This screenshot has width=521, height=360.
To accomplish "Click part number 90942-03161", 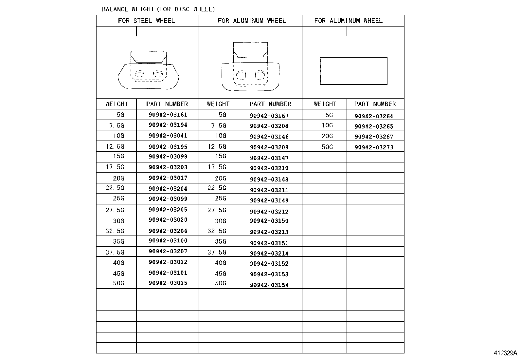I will (x=168, y=115).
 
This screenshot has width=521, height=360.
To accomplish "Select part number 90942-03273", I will (x=374, y=147).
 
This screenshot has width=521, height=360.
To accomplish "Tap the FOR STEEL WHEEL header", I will (x=146, y=21).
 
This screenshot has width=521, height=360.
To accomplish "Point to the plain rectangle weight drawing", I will (x=353, y=71).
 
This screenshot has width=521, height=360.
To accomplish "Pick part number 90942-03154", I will (x=269, y=285).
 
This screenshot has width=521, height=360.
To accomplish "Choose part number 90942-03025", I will (x=168, y=283).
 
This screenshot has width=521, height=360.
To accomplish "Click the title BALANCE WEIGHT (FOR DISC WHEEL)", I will (x=158, y=9).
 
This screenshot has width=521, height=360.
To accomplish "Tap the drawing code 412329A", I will (x=505, y=353).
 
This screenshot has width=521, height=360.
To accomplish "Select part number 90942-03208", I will (x=269, y=126).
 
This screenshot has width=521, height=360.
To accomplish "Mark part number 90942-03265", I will (x=374, y=126).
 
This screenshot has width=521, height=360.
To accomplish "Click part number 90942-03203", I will (x=168, y=167).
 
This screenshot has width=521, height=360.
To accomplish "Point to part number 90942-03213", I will (x=269, y=232).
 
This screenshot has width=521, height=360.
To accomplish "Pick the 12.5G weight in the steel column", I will (x=115, y=146).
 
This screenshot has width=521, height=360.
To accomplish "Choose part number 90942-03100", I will (x=168, y=241).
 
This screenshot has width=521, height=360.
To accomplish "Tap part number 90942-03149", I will (x=269, y=200).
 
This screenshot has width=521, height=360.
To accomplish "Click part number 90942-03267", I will (x=374, y=137).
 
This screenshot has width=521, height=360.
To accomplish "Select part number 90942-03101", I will (x=168, y=273).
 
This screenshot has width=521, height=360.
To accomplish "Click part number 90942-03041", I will (x=168, y=136).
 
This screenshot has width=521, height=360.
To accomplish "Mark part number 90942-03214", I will (x=269, y=253).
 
